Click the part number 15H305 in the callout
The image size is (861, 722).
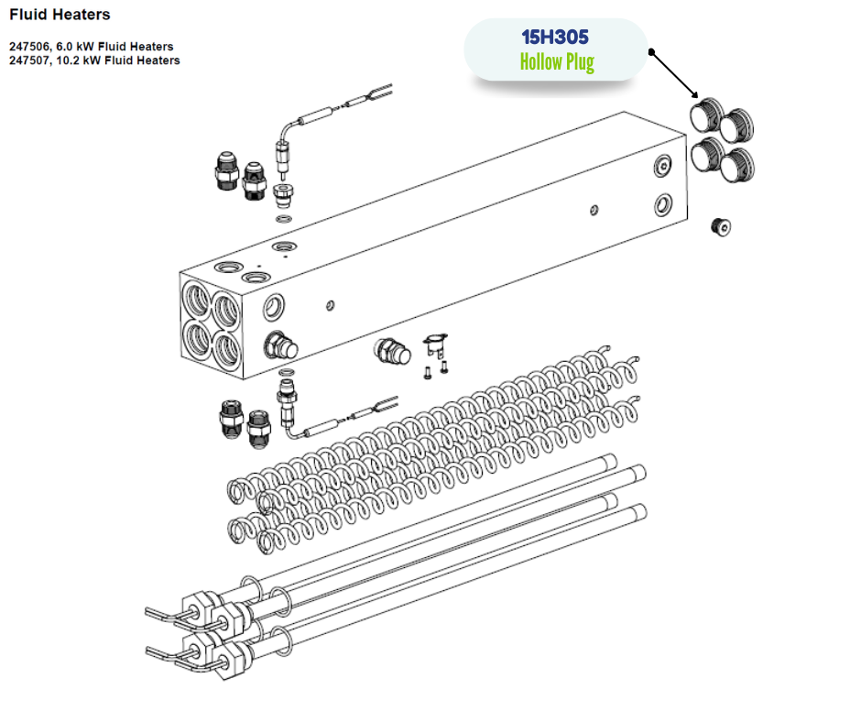click(x=554, y=38)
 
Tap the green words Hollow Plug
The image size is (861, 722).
click(x=557, y=62)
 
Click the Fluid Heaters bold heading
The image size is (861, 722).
click(x=60, y=15)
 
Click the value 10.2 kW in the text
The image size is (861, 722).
click(x=76, y=60)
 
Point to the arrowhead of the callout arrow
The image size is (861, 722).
click(x=694, y=94)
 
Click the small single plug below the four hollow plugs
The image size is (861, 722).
click(x=721, y=226)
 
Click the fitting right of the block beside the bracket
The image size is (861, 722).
click(x=392, y=351)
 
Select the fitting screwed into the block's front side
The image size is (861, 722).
click(x=280, y=345)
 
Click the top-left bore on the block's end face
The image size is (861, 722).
click(x=197, y=300)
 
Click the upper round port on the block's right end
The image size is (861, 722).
click(x=663, y=166)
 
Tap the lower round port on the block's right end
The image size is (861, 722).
click(x=663, y=205)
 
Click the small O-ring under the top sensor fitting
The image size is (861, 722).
click(x=284, y=219)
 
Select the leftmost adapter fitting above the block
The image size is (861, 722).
click(x=226, y=171)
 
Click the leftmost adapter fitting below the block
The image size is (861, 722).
click(x=231, y=419)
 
